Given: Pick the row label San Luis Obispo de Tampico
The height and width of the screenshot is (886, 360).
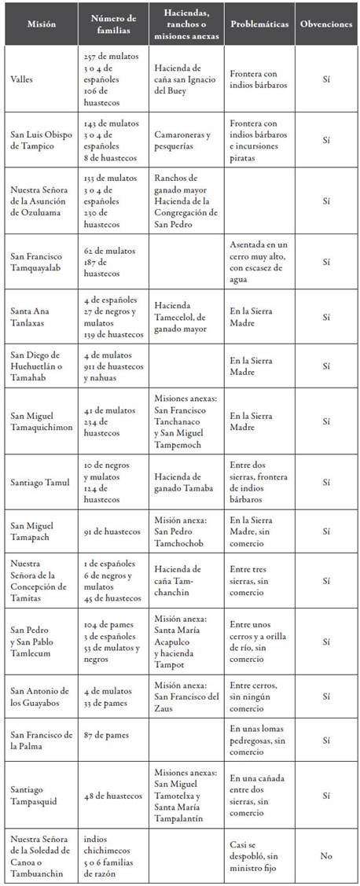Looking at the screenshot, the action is (x=40, y=139).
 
